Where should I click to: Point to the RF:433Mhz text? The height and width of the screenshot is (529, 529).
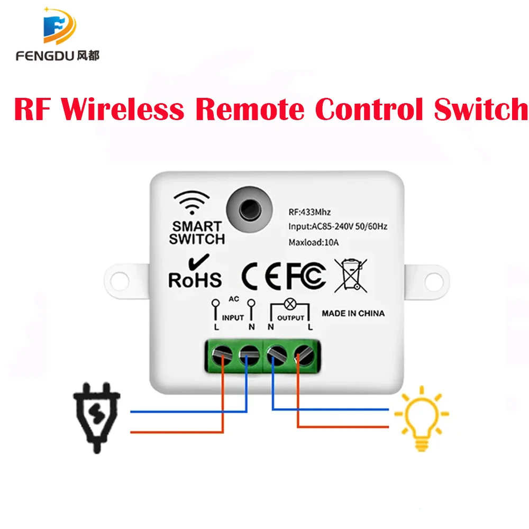[309, 212]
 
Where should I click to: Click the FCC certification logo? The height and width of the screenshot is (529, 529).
[306, 275]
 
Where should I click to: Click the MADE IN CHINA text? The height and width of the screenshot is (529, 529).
[353, 313]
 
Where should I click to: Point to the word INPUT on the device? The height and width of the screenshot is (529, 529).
[233, 317]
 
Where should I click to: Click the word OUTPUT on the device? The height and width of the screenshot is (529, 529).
[291, 317]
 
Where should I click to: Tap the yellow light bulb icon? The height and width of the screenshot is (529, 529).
[422, 418]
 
